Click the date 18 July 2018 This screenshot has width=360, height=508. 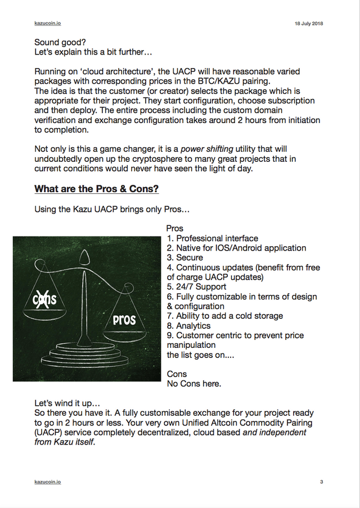(x=309, y=24)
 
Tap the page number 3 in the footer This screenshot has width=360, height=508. (x=321, y=482)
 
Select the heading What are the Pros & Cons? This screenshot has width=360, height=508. (x=96, y=189)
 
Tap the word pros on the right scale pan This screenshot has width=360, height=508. (x=124, y=319)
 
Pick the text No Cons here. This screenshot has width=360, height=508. (x=194, y=384)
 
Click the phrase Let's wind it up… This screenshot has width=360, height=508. (x=67, y=403)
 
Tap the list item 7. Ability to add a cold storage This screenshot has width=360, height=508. (x=225, y=316)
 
